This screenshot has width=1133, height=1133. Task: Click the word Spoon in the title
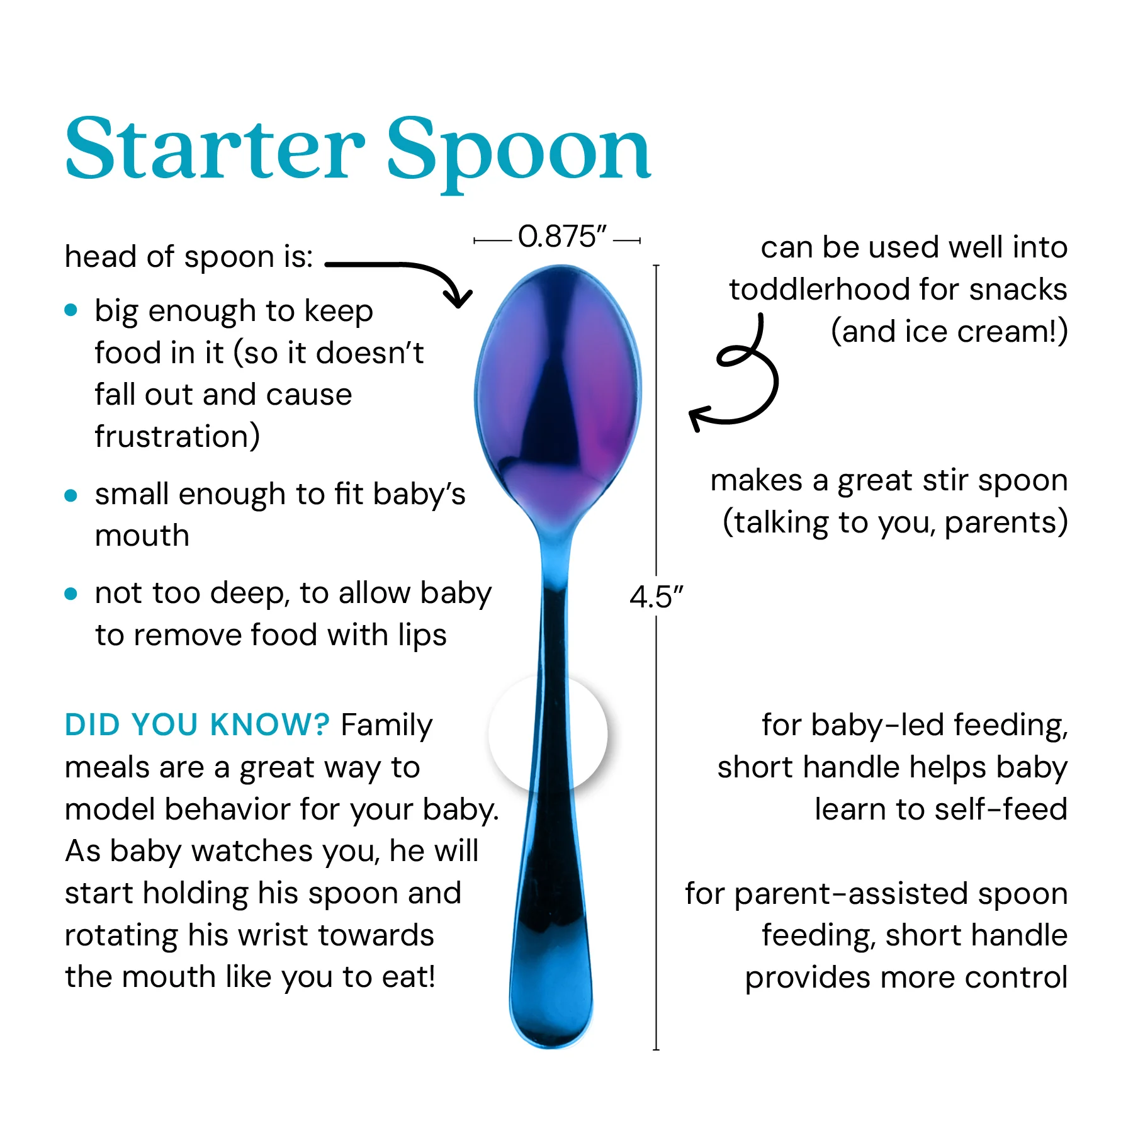(519, 154)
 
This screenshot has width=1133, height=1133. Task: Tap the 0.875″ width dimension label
(562, 237)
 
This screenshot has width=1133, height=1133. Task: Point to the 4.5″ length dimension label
(656, 596)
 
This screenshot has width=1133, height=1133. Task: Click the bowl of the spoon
(558, 390)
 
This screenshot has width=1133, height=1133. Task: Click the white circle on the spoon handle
(548, 734)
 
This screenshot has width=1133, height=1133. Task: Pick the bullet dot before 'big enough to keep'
(71, 310)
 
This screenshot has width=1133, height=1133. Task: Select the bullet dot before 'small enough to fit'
(71, 495)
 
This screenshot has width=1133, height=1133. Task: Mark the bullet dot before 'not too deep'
(71, 594)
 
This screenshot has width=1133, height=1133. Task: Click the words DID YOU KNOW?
(197, 724)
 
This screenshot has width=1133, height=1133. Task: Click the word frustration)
(178, 436)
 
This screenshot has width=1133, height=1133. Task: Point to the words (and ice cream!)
(949, 332)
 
